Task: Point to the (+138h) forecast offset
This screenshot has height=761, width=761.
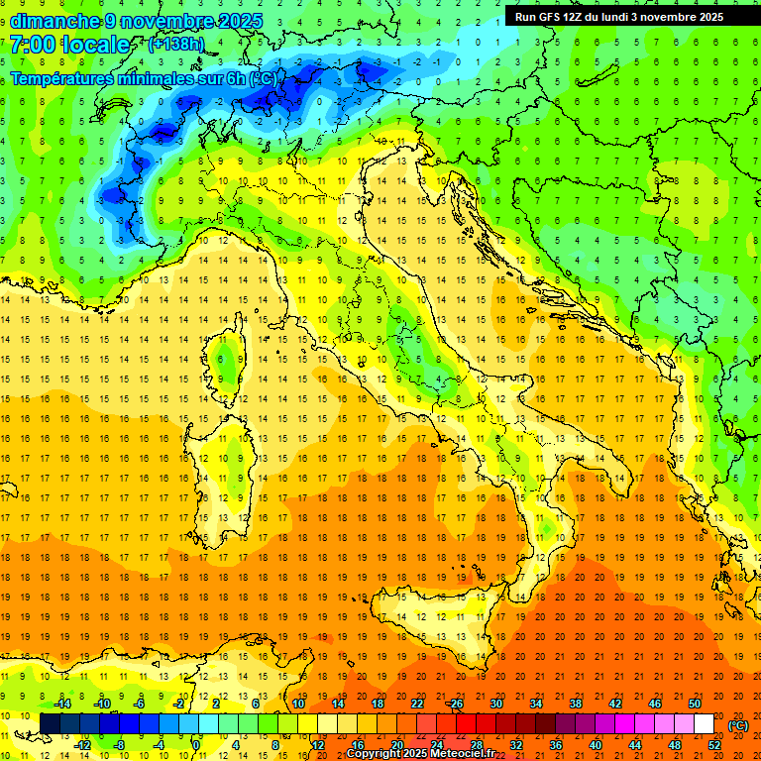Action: coord(177,45)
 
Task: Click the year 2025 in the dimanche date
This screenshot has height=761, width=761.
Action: coord(242,21)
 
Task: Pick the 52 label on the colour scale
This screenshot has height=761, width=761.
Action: coord(714,745)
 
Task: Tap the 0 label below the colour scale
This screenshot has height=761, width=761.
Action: coord(195,745)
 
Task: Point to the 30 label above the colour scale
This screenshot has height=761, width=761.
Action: coord(495,703)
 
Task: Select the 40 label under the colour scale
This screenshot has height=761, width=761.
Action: coord(595,745)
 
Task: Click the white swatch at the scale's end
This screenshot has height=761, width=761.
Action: coord(704,724)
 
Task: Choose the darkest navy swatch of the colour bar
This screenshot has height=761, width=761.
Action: coord(50,724)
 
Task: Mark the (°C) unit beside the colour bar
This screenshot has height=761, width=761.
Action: coord(738,724)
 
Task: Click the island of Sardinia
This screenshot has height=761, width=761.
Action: coord(223,466)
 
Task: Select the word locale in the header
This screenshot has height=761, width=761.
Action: coord(95,45)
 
